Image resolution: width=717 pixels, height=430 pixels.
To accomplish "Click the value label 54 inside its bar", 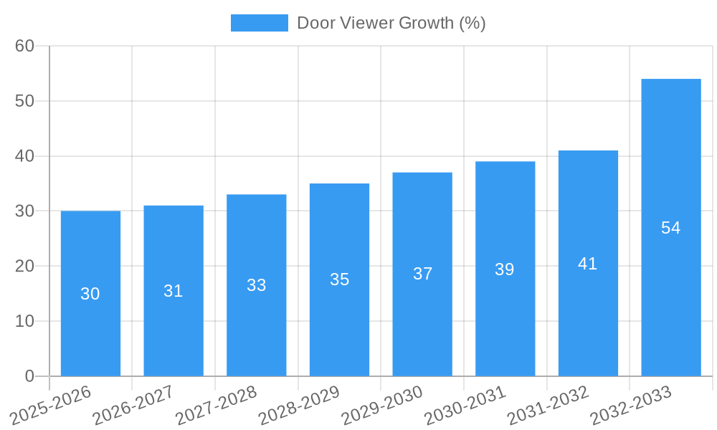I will (670, 228).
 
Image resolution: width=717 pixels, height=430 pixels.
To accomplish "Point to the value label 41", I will (587, 264).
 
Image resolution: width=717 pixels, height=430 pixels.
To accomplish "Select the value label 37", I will (422, 274).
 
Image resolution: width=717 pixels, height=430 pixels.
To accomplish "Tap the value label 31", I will (174, 291).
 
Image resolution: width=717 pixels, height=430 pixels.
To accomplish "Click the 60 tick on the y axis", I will (24, 46).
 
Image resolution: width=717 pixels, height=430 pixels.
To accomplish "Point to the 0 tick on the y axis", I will (29, 376).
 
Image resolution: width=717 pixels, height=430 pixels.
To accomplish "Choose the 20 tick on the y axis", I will (24, 266).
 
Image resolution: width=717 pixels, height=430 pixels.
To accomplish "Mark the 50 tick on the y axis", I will (24, 101).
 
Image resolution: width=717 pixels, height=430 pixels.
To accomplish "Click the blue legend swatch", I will (259, 23).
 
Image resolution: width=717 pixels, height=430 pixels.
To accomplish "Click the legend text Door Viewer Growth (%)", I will (391, 23).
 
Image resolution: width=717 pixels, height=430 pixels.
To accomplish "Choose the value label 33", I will (256, 285).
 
